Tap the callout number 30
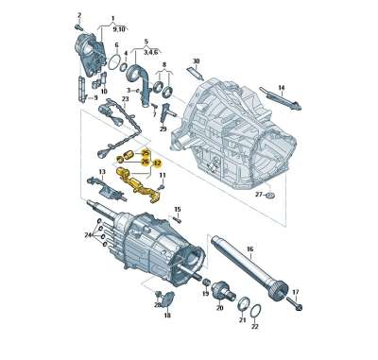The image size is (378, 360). tap(196, 62)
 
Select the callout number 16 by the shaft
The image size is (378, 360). tap(249, 250)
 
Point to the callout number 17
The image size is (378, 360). tap(295, 292)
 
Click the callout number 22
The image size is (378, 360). tap(255, 326)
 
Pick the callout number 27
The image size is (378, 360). tap(257, 195)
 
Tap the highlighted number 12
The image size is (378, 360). tap(157, 163)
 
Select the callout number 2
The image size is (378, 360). tap(79, 16)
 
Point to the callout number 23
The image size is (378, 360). tap(125, 98)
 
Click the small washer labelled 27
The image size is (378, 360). tap(271, 196)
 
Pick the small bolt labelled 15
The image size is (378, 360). tap(176, 221)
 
